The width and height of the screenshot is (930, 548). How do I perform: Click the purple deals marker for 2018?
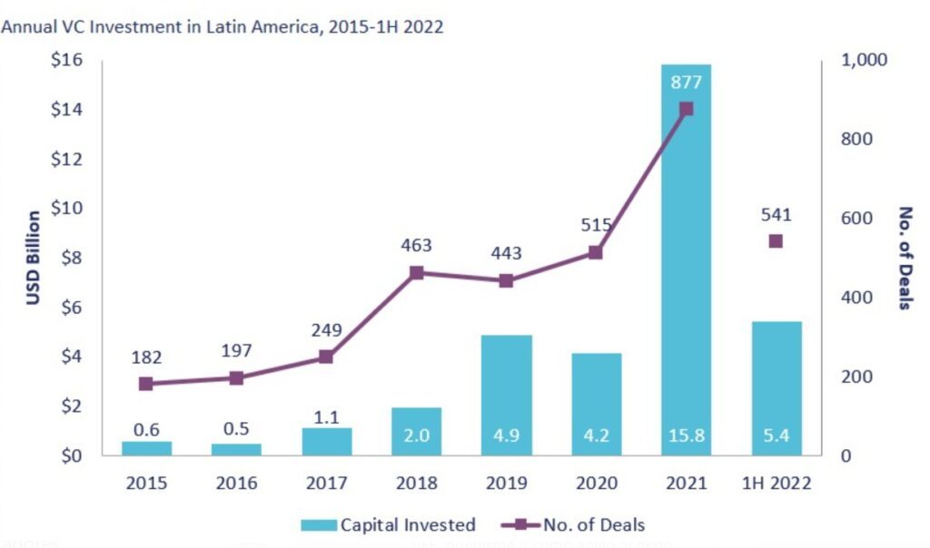tap(416, 272)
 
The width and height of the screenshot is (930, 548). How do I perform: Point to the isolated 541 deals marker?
tap(776, 241)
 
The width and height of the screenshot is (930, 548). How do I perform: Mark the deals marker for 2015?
tap(146, 384)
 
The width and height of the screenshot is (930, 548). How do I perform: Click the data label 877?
tap(686, 82)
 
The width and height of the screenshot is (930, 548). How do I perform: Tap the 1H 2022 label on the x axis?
tap(776, 484)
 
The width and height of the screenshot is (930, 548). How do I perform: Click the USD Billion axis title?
tap(34, 258)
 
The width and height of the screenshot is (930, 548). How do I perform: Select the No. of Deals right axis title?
tap(904, 258)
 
